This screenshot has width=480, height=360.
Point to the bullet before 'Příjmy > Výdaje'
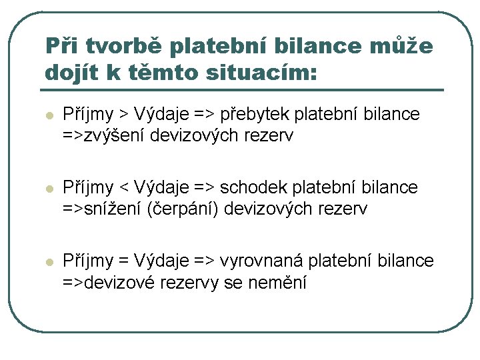[47, 115]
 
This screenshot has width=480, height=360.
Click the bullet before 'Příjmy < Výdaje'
[47, 189]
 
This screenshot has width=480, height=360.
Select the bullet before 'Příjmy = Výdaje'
[47, 263]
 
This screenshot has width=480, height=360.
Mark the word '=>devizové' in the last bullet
[109, 283]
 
